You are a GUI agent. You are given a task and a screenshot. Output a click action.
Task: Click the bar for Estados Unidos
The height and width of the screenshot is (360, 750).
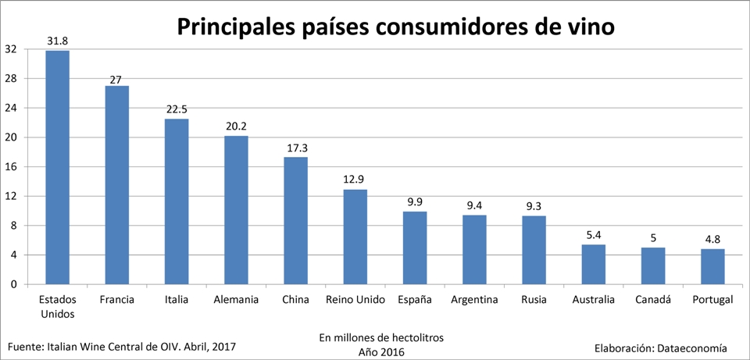[x=57, y=167]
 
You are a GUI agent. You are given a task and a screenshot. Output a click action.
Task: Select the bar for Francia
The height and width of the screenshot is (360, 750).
[x=117, y=185]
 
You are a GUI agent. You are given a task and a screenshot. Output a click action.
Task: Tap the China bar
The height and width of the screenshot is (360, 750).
[x=295, y=220]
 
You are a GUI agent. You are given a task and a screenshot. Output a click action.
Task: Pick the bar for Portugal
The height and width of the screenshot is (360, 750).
[x=712, y=266]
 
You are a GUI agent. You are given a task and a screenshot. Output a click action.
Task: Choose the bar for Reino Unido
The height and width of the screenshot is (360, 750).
[x=355, y=237]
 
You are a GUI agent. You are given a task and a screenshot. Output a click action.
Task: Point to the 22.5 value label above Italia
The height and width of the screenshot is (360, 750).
[x=177, y=109]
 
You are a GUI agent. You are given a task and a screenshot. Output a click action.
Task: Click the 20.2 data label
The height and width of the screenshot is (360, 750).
[x=236, y=127]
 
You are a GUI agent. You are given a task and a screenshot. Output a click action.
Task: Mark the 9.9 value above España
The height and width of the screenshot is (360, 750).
[x=415, y=201]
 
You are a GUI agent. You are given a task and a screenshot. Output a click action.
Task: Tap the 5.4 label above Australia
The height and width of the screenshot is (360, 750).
[x=593, y=234]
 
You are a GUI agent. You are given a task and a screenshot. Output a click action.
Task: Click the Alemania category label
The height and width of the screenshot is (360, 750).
[x=237, y=300]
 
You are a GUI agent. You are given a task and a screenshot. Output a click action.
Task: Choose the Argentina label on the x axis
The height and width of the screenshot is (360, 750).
[x=475, y=300]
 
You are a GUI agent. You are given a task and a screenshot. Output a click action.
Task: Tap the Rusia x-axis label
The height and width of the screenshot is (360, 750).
[x=534, y=300]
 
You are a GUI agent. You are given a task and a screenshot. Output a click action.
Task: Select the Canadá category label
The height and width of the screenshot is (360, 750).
[x=653, y=300]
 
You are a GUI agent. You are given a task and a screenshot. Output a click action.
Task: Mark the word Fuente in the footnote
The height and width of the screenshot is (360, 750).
[x=25, y=345]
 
